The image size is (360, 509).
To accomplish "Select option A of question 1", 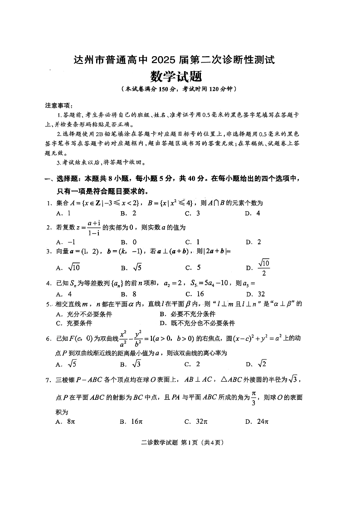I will click(63, 213).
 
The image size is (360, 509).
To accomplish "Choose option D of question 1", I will click(253, 213).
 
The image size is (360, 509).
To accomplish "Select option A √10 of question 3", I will click(68, 267).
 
